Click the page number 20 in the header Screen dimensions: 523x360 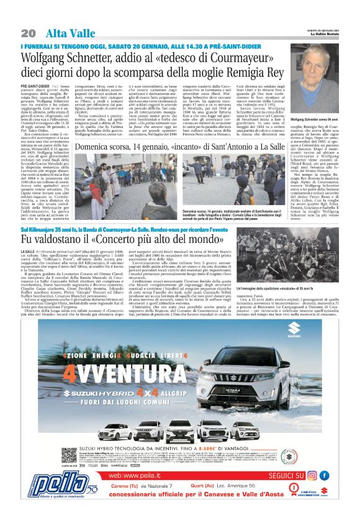click(x=27, y=33)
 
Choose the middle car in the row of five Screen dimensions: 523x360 click(x=197, y=429)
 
